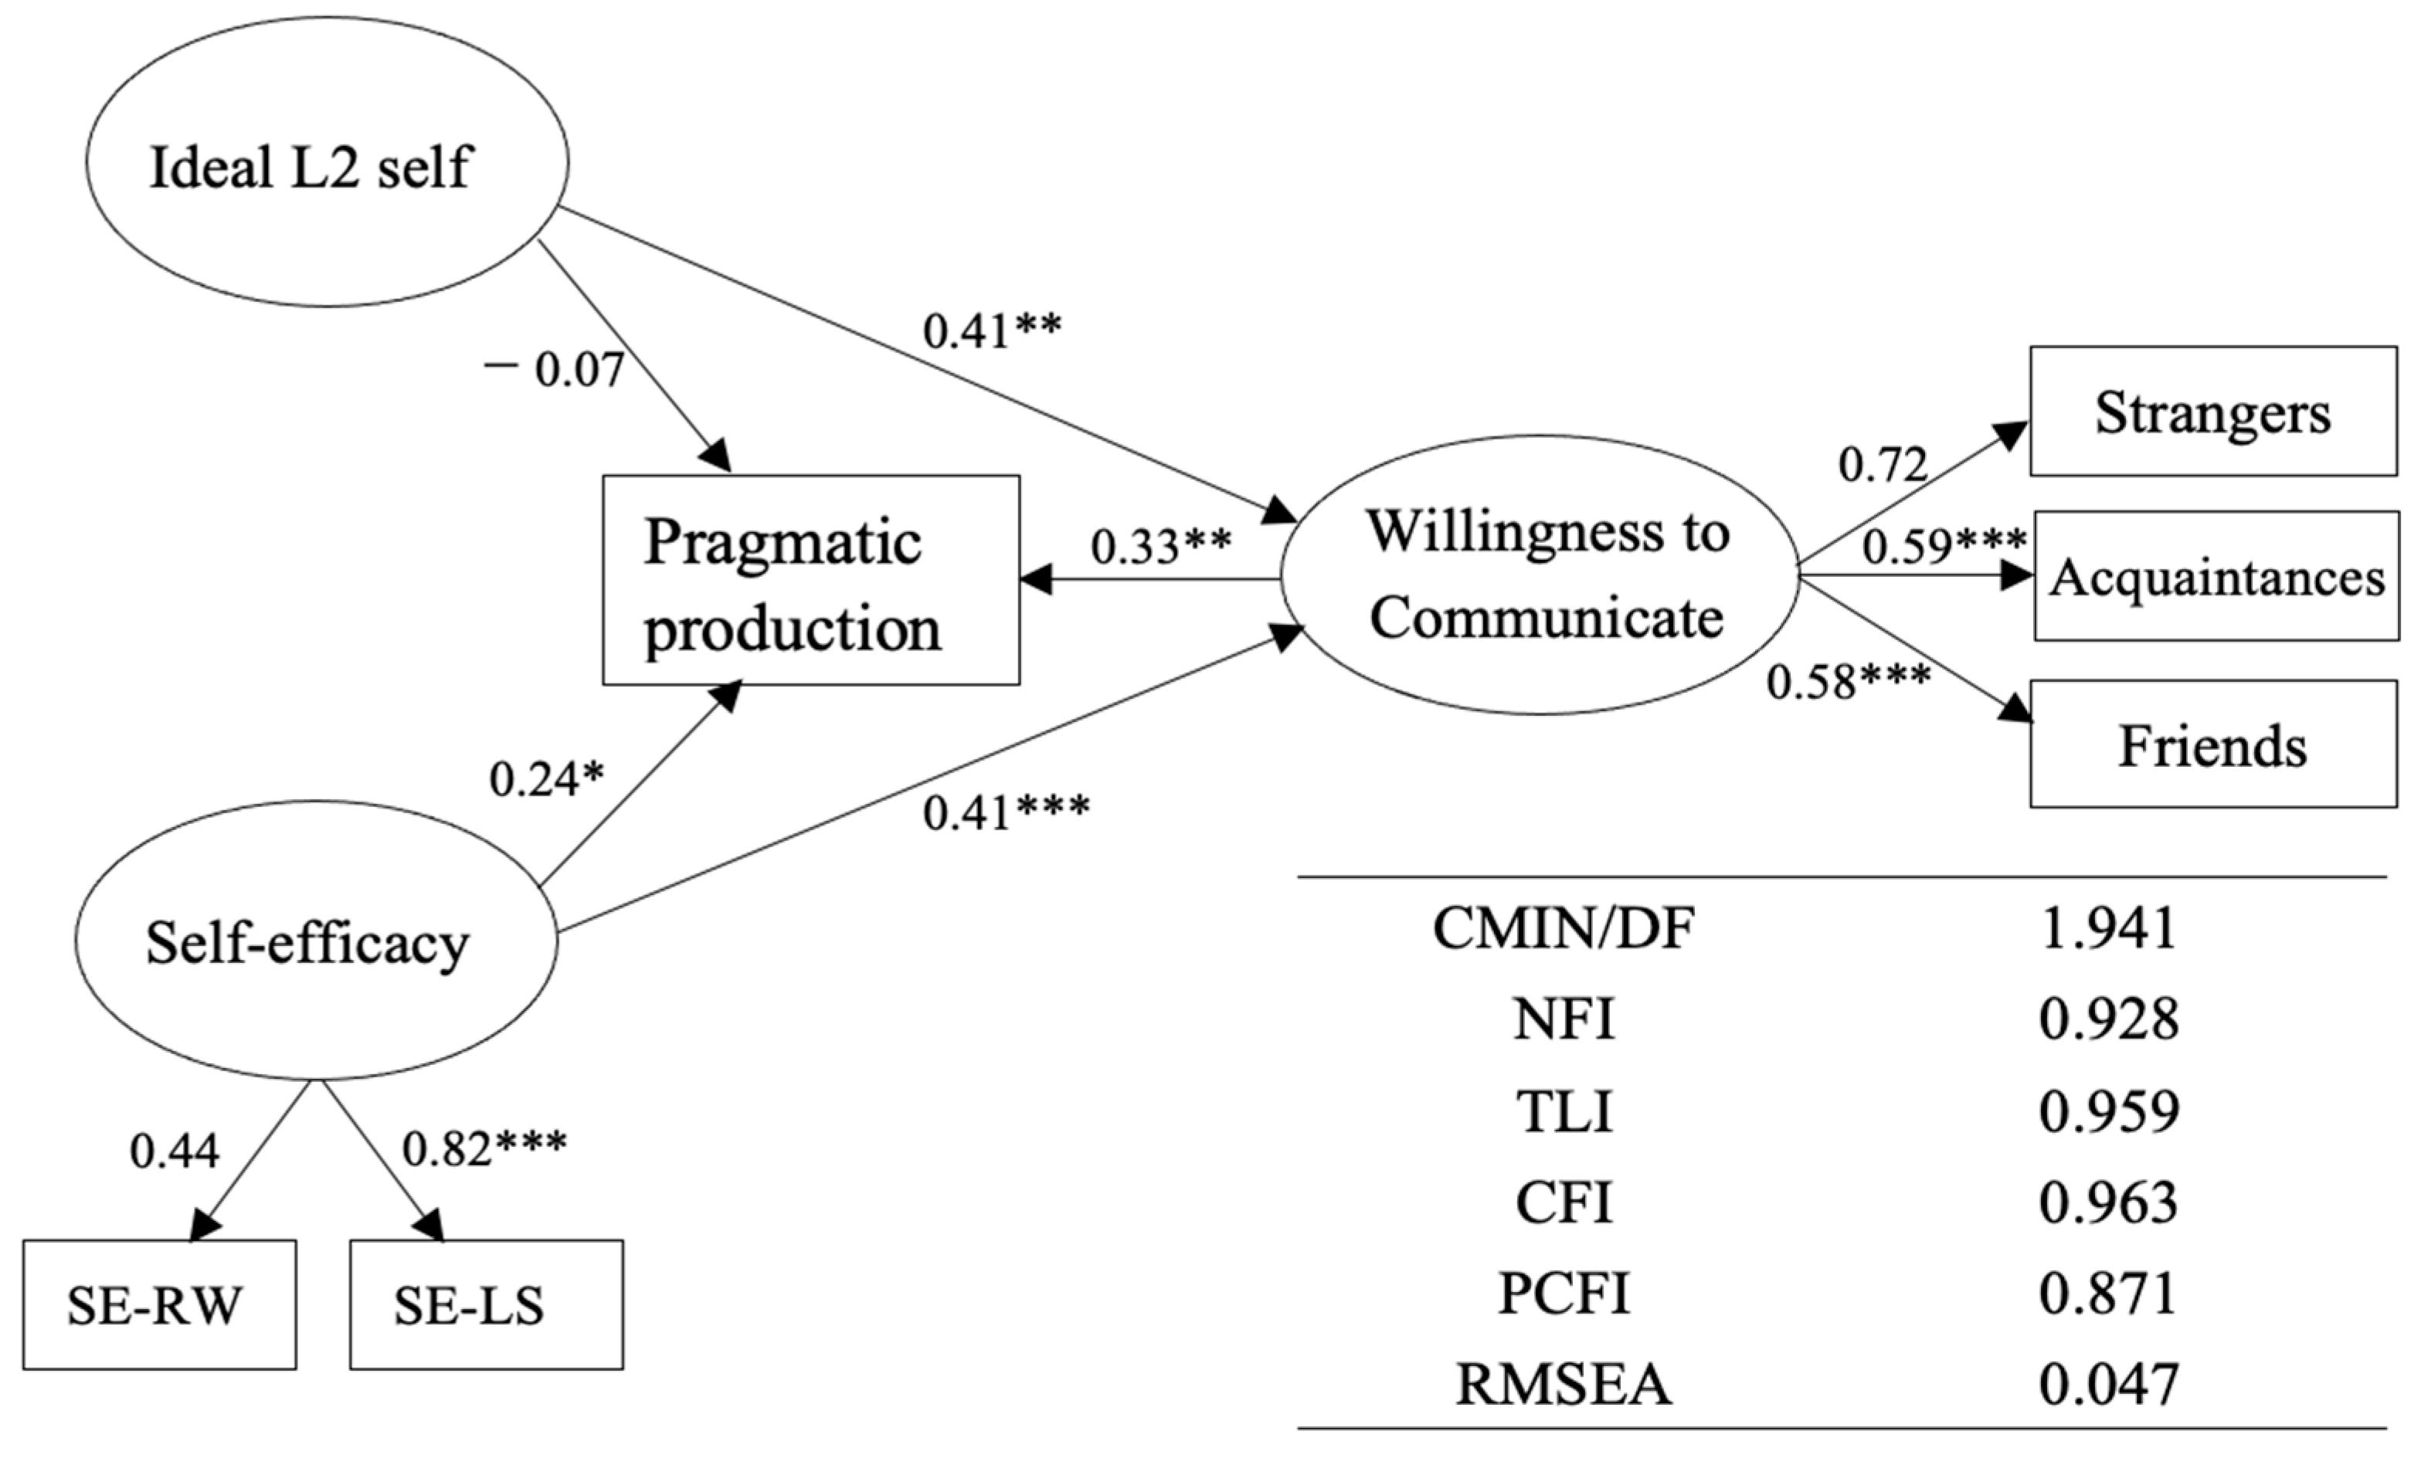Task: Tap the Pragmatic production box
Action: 810,581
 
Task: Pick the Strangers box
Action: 2212,412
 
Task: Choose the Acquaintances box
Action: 2216,577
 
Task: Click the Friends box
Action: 2212,744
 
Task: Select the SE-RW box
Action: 159,1305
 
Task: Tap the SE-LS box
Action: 487,1305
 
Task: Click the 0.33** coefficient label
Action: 1160,546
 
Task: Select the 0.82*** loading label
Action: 484,1148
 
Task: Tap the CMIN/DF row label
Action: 1564,927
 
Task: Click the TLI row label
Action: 1564,1112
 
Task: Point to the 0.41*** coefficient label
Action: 1005,812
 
